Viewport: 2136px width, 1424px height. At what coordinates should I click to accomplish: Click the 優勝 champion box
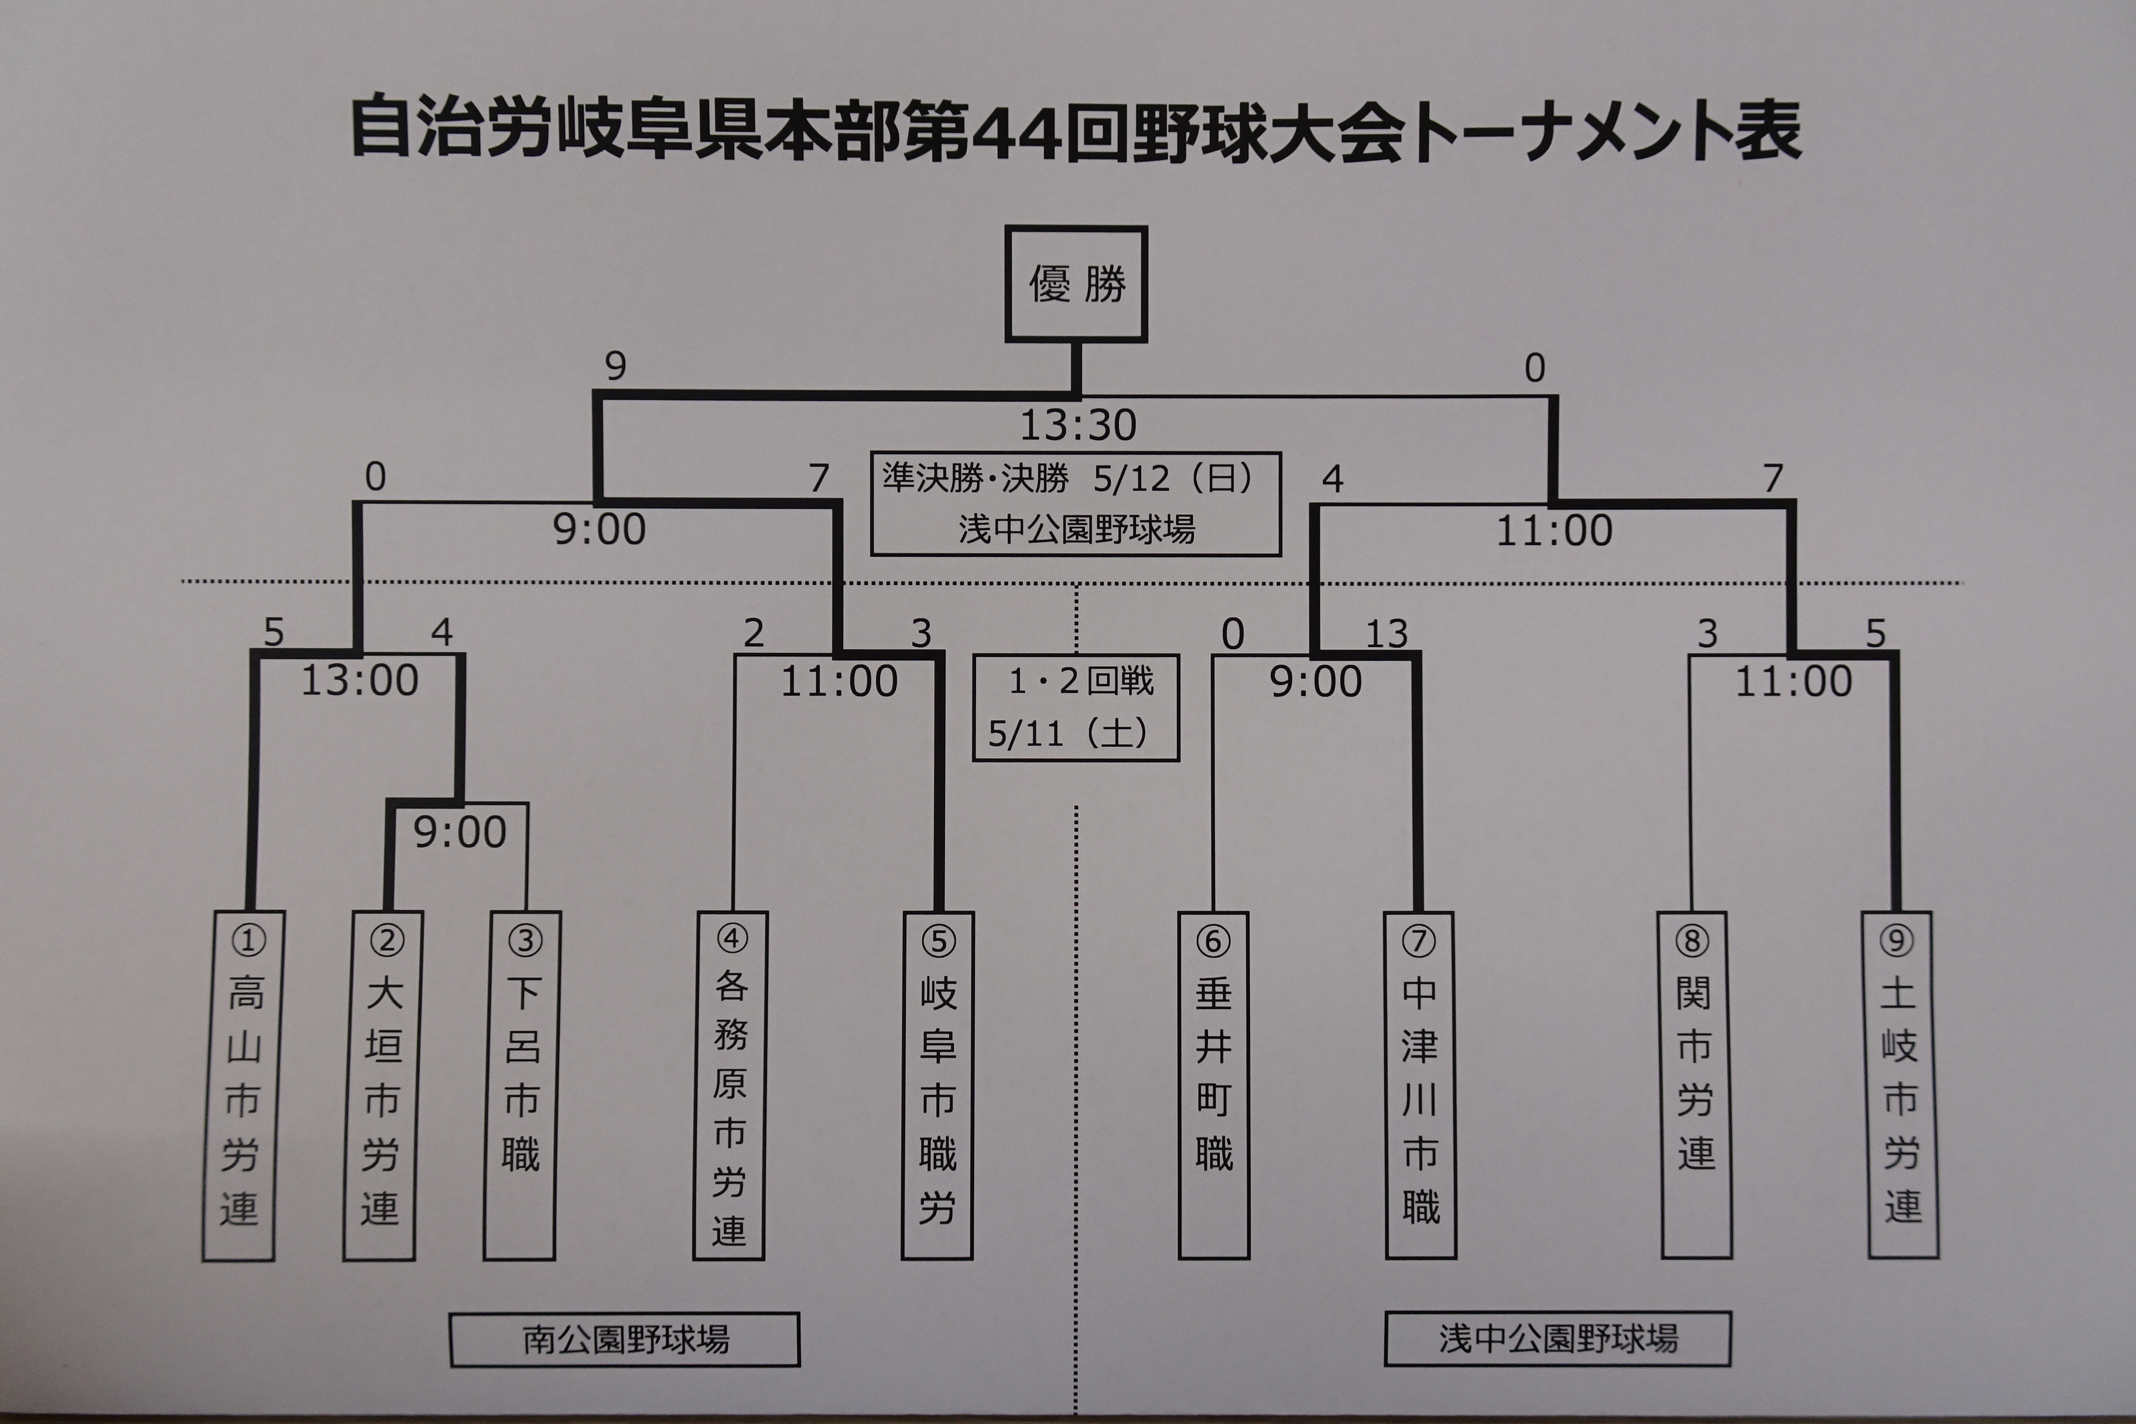click(1076, 284)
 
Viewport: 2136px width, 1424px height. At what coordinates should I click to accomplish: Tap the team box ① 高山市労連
click(239, 1085)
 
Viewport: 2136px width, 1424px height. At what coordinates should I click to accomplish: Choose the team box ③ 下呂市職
click(521, 1085)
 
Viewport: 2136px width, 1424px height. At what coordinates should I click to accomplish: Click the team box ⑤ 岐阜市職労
click(937, 1085)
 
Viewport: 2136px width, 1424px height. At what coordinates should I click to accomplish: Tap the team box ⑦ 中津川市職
click(1420, 1085)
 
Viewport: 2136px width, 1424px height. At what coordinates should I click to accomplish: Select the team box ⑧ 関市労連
click(1696, 1085)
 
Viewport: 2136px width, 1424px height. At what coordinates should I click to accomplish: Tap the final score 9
click(616, 367)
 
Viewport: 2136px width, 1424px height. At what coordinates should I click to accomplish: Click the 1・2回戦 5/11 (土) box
click(1076, 707)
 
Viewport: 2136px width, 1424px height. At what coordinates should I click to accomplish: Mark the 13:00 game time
click(360, 680)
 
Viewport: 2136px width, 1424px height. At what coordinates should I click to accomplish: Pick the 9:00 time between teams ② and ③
click(460, 833)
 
